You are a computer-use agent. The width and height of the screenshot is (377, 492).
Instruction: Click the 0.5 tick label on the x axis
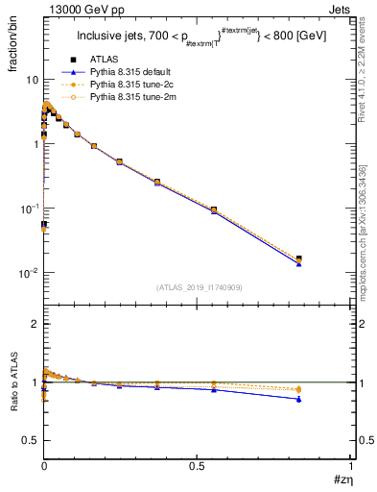[197, 465]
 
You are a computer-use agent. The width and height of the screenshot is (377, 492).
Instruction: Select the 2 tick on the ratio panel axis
[34, 324]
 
